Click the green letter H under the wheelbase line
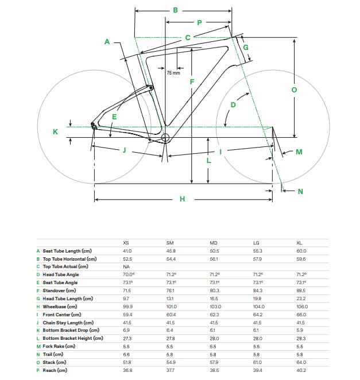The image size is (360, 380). point(182,199)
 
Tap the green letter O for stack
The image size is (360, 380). point(293,90)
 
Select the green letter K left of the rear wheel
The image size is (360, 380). point(55,132)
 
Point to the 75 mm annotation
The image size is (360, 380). point(173,73)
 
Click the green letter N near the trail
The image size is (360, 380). point(300,192)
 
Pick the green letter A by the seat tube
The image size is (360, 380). point(107,41)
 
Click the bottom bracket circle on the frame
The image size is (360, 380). point(166,138)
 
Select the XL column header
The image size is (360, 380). point(300,243)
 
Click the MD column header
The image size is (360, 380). point(214,243)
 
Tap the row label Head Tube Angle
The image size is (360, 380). point(61,274)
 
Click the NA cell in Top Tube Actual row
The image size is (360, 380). point(126,266)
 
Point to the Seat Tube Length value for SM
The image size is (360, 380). point(171,251)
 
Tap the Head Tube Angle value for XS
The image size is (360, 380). point(128,274)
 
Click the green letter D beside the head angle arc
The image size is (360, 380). point(234,105)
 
